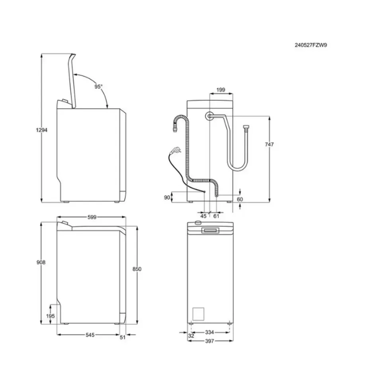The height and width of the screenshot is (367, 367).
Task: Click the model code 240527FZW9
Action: pyautogui.click(x=311, y=45)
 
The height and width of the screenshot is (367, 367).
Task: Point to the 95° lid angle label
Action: pyautogui.click(x=98, y=86)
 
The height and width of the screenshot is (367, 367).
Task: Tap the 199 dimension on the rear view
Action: pyautogui.click(x=221, y=90)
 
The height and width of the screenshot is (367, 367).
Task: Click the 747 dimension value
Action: pyautogui.click(x=269, y=144)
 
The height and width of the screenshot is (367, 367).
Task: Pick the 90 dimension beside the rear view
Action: pyautogui.click(x=167, y=197)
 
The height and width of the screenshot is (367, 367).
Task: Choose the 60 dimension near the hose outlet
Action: pyautogui.click(x=240, y=199)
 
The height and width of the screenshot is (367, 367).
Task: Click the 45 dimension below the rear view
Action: pyautogui.click(x=203, y=216)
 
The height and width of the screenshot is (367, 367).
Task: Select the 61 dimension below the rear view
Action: pyautogui.click(x=217, y=216)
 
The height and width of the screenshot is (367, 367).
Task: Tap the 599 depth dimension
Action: pyautogui.click(x=92, y=217)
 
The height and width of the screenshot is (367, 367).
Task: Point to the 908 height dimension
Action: pyautogui.click(x=41, y=263)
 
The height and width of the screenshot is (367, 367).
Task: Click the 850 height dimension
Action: pyautogui.click(x=137, y=269)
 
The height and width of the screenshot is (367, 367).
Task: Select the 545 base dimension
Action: pyautogui.click(x=90, y=336)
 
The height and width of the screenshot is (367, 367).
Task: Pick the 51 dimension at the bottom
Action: pyautogui.click(x=122, y=337)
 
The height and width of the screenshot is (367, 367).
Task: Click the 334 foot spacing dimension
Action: pyautogui.click(x=210, y=332)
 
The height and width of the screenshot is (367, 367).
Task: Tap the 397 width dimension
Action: pyautogui.click(x=210, y=341)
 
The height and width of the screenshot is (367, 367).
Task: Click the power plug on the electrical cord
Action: pyautogui.click(x=174, y=151)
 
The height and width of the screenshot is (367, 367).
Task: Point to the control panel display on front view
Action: pyautogui.click(x=210, y=230)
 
